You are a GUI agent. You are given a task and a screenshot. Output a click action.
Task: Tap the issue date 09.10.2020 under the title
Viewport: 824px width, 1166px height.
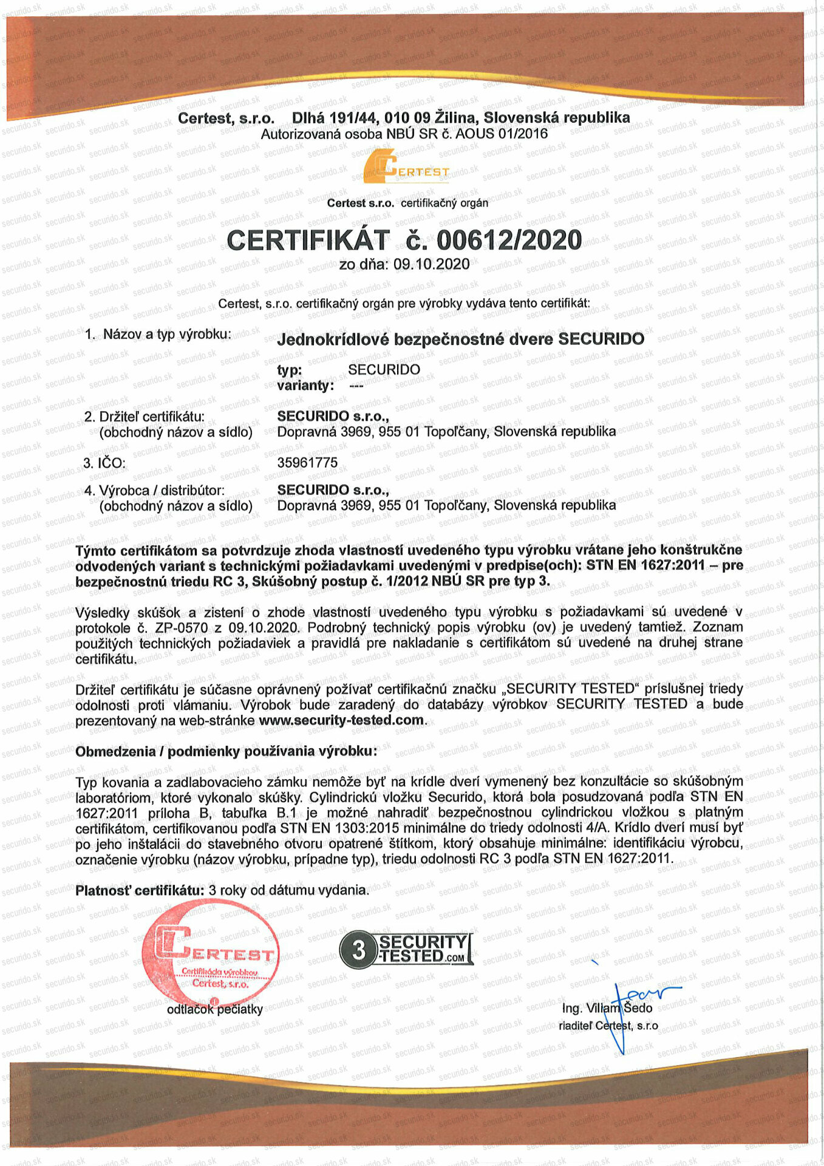coord(431,264)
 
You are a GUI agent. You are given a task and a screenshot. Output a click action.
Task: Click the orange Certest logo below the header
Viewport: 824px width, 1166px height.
coord(406,166)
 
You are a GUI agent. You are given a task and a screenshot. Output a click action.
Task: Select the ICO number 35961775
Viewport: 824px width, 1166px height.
coord(307,463)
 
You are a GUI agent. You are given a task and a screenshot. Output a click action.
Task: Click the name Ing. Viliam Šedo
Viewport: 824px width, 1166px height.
coord(607,1008)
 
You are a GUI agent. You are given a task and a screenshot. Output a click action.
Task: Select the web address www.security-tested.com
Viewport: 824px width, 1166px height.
coord(341,720)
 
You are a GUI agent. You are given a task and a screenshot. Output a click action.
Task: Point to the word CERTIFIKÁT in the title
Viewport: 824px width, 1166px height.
coord(308,240)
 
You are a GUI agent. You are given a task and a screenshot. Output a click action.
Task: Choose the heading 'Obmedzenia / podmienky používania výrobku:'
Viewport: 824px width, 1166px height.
coord(226,751)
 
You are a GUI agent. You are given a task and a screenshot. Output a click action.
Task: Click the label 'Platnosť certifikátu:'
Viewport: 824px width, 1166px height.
coord(140,890)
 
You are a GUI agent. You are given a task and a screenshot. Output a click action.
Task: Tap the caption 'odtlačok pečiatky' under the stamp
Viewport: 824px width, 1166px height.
coord(215,1009)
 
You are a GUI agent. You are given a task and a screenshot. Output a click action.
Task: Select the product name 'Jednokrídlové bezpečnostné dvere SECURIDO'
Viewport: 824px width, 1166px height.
coord(460,339)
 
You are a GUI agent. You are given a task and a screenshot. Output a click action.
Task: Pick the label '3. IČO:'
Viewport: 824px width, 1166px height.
coord(104,463)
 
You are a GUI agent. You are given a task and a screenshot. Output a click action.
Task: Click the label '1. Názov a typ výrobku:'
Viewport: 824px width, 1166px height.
coord(158,334)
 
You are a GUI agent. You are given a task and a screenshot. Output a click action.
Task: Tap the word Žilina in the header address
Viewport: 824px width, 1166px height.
coord(455,117)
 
